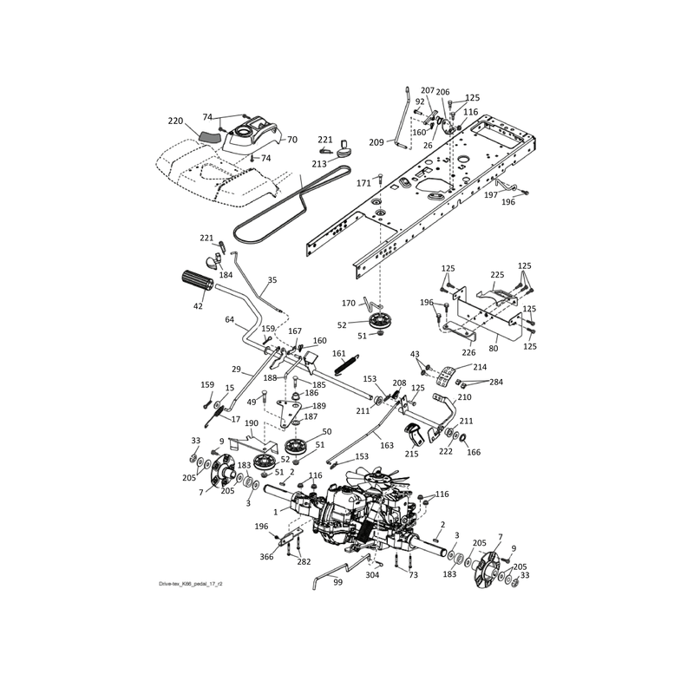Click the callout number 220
tap(175, 121)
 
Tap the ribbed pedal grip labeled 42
tap(198, 280)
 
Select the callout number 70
tap(292, 140)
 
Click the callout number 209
tap(376, 142)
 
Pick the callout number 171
tap(363, 183)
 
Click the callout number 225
tap(497, 275)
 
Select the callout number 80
tap(493, 349)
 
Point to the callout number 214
tap(480, 367)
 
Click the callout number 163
tap(387, 445)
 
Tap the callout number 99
tap(337, 582)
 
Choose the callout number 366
tap(266, 557)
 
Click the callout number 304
tap(372, 575)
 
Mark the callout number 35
tap(272, 280)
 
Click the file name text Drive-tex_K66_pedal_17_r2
tap(191, 584)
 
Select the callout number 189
tap(319, 406)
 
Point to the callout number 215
tap(411, 454)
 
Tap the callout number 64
tap(229, 319)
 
